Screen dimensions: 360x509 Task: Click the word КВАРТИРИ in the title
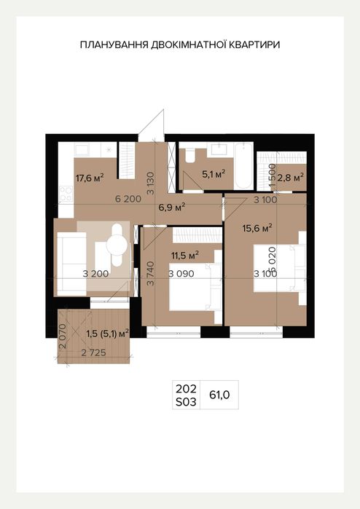[x=254, y=45]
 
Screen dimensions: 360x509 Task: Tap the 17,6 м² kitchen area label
[x=90, y=177]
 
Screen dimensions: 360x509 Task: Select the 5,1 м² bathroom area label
[x=214, y=174]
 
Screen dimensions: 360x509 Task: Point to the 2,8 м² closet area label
[x=291, y=178]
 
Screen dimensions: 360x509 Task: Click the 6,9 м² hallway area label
[x=172, y=207]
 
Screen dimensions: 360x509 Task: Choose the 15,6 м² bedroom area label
[x=257, y=228]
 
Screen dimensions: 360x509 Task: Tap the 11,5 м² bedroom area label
[x=185, y=256]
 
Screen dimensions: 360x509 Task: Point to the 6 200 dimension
[x=128, y=199]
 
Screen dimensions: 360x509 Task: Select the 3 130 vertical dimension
[x=150, y=183]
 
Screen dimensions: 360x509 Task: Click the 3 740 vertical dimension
[x=150, y=274]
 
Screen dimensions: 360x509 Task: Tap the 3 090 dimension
[x=181, y=274]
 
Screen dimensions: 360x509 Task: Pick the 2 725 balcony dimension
[x=93, y=352]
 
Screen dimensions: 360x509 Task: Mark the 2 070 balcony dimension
[x=63, y=336]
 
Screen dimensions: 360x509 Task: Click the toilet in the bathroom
[x=189, y=156]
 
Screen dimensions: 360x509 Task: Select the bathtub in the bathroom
[x=243, y=165]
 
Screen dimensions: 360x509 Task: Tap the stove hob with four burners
[x=66, y=194]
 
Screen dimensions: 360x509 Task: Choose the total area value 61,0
[x=219, y=395]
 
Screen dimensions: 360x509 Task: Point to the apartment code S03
[x=186, y=402]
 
